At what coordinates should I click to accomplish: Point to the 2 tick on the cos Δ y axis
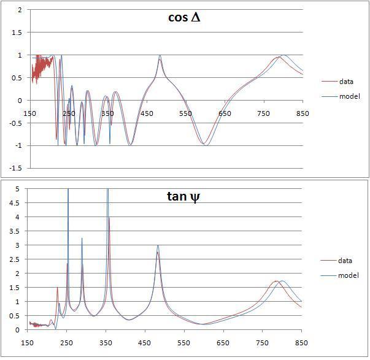click(x=20, y=10)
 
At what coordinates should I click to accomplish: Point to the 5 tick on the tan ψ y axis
click(x=20, y=189)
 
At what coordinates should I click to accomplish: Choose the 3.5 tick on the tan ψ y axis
click(x=17, y=231)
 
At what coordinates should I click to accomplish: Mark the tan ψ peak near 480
click(x=158, y=246)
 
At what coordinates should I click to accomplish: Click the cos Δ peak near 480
click(x=160, y=56)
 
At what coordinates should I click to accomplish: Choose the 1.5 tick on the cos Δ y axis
click(x=17, y=33)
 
